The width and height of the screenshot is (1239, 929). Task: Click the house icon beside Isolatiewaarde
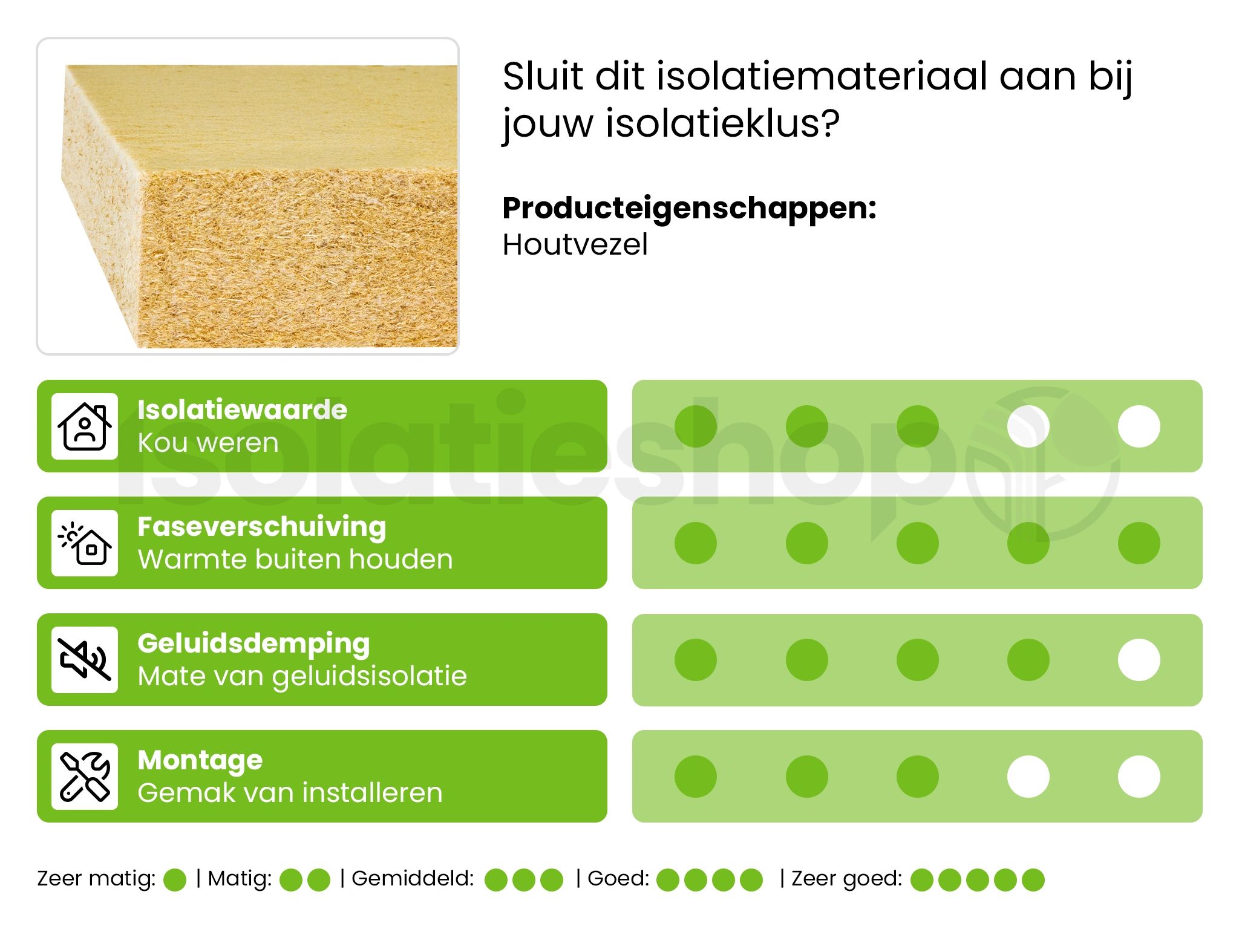(85, 426)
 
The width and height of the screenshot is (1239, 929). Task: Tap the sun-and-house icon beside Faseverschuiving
(85, 543)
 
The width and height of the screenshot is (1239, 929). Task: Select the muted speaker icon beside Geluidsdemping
(85, 660)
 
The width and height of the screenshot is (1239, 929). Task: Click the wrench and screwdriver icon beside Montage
(85, 777)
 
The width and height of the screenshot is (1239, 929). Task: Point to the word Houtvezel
(575, 245)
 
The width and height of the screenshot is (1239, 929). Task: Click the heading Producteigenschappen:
(689, 209)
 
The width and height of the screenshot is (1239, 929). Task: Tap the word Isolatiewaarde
(242, 410)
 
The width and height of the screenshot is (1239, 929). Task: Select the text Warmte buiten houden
(295, 559)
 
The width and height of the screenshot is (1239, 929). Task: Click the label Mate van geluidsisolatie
(302, 676)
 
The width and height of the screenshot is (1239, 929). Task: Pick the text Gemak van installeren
(290, 793)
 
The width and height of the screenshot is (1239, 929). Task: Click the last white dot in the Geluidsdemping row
(1139, 660)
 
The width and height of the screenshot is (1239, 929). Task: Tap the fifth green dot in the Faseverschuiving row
(1139, 543)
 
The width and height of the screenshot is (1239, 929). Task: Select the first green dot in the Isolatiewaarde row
(696, 426)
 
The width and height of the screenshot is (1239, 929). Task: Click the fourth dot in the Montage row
(1028, 777)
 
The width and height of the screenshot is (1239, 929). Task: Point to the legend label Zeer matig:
(96, 878)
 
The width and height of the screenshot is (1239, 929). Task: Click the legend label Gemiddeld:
(413, 878)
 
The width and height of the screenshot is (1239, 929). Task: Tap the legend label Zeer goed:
(846, 878)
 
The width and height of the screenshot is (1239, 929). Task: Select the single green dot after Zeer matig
(175, 880)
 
